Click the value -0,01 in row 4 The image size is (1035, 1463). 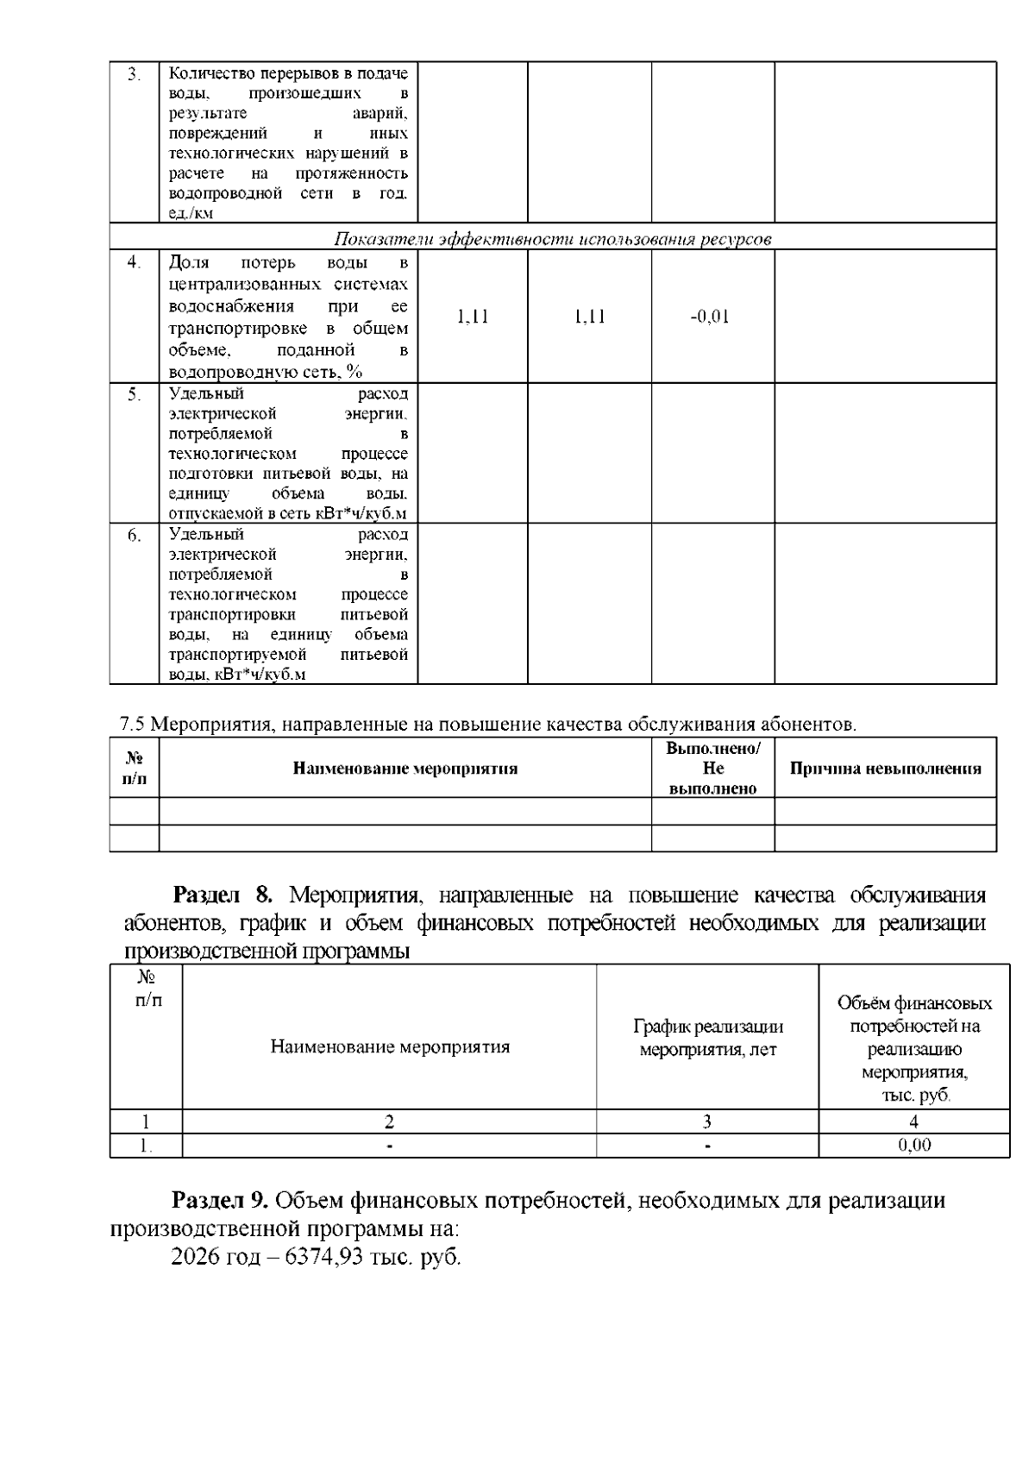pyautogui.click(x=710, y=317)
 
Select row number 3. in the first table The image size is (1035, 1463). pyautogui.click(x=134, y=74)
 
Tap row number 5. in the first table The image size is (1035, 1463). pyautogui.click(x=134, y=395)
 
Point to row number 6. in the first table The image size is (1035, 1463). pyautogui.click(x=134, y=536)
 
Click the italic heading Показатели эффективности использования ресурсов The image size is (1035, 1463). pyautogui.click(x=552, y=239)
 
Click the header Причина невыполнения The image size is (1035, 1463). pyautogui.click(x=885, y=769)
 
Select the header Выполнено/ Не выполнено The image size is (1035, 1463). pyautogui.click(x=712, y=768)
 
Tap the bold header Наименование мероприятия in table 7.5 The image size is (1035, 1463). pyautogui.click(x=405, y=769)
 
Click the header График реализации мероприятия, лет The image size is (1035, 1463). pyautogui.click(x=707, y=1038)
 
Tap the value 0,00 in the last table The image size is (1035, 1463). pyautogui.click(x=914, y=1146)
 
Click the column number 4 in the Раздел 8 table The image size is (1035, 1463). pyautogui.click(x=914, y=1121)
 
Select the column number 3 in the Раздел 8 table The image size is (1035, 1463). pyautogui.click(x=707, y=1121)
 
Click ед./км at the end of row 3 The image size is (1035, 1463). pyautogui.click(x=191, y=213)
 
